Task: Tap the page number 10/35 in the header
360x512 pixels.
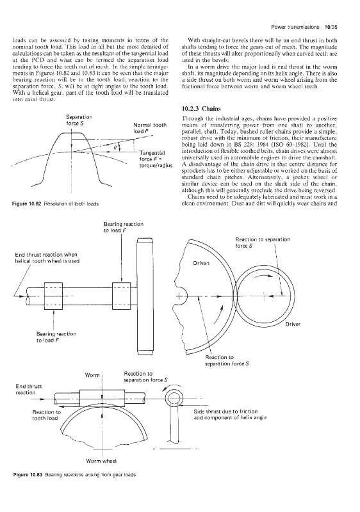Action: coord(331,27)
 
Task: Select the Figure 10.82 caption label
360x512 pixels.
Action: coord(26,204)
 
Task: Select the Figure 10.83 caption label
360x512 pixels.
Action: coord(26,474)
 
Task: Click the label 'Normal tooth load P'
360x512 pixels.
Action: coord(150,128)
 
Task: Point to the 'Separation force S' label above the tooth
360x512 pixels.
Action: coord(79,120)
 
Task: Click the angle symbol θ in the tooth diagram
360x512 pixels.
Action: coord(115,148)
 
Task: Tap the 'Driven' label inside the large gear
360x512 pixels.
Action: coord(201,263)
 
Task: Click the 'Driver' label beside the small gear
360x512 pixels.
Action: coord(293,324)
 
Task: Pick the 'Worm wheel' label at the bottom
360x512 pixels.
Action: coord(101,461)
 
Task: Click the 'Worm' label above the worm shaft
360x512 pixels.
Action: coord(92,375)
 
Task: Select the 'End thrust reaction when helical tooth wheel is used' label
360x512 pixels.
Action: coord(47,258)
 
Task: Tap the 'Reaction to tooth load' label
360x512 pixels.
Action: coord(46,415)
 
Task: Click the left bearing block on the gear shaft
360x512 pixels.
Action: coord(53,296)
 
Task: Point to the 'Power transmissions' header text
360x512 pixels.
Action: coord(295,27)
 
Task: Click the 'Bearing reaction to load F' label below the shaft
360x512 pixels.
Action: coord(56,337)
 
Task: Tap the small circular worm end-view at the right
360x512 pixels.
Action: coord(173,392)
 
